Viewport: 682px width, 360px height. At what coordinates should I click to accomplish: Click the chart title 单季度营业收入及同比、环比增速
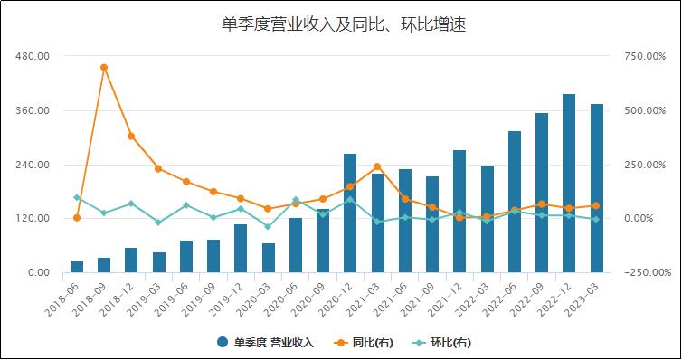click(x=343, y=24)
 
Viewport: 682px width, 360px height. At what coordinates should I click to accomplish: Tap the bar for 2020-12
click(x=350, y=213)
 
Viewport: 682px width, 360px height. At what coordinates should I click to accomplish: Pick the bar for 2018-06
click(x=77, y=267)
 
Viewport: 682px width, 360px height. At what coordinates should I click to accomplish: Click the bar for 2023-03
click(x=596, y=188)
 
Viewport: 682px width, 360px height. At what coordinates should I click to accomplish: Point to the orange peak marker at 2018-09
click(x=104, y=67)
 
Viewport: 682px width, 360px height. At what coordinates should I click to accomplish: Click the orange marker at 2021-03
click(x=377, y=166)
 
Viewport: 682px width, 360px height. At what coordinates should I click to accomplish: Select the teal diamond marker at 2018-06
click(x=77, y=197)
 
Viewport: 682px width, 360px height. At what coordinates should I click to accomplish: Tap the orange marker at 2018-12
click(x=131, y=137)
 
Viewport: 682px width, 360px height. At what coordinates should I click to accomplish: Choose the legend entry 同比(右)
click(x=372, y=343)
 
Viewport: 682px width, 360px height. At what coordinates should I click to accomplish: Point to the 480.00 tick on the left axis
click(x=33, y=56)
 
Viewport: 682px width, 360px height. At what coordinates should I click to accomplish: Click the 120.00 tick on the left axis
click(x=33, y=219)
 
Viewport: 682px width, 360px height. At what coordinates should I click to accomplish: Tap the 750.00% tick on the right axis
click(x=647, y=56)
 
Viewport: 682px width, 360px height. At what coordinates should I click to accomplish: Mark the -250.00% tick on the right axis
click(x=647, y=273)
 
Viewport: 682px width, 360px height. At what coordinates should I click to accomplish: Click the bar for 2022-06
click(x=514, y=202)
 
